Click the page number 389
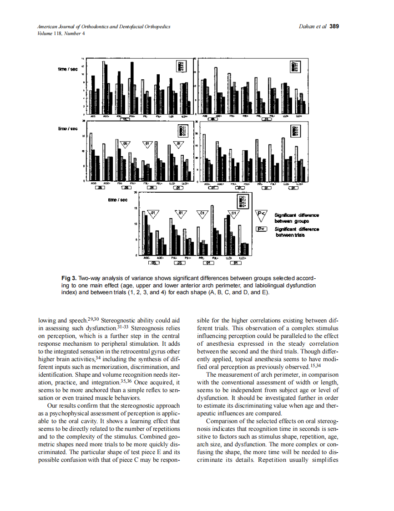point(334,26)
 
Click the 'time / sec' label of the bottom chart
point(117,199)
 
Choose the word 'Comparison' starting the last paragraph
point(221,422)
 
